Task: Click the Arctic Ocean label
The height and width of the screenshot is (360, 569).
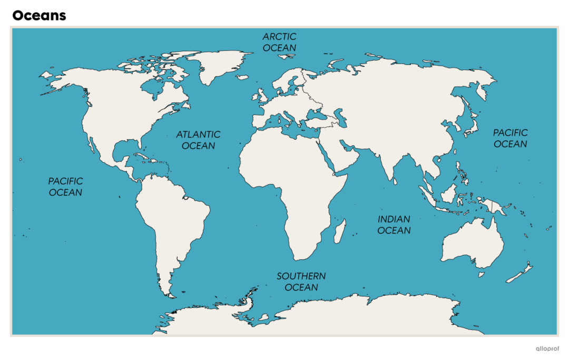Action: [279, 42]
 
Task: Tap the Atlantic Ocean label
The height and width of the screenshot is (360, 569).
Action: [198, 140]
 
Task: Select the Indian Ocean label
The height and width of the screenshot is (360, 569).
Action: [394, 225]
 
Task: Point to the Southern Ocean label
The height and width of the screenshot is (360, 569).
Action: [301, 281]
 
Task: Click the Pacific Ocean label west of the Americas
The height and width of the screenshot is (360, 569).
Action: [66, 187]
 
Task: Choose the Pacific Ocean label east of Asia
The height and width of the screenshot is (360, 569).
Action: [510, 138]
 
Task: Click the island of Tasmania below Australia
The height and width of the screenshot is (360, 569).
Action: [481, 274]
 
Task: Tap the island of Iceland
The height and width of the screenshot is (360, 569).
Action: [243, 77]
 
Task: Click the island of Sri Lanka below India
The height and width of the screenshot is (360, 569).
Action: [395, 182]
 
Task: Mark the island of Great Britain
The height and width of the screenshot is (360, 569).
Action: [262, 95]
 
